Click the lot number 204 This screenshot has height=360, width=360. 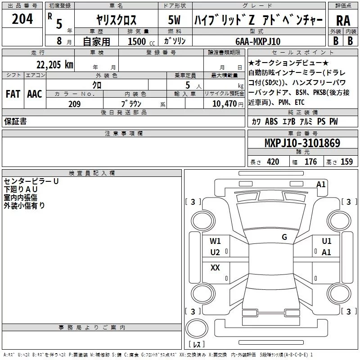click(x=22, y=19)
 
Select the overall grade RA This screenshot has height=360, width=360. click(x=343, y=21)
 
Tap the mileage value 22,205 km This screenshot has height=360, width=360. click(x=54, y=65)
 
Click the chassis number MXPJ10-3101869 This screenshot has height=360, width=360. click(x=302, y=143)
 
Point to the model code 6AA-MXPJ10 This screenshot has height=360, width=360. click(x=258, y=41)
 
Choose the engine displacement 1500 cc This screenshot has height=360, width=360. click(x=141, y=41)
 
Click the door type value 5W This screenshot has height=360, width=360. click(x=174, y=20)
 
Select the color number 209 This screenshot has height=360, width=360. click(x=74, y=104)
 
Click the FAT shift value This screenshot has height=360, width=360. click(x=13, y=94)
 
